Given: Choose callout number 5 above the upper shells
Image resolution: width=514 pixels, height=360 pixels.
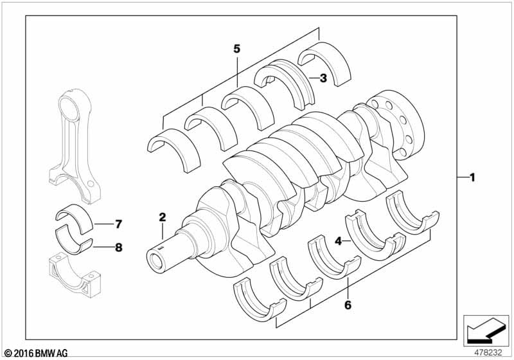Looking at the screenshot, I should point(236,48).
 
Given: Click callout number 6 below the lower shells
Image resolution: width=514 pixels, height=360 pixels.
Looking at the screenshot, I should point(348,306).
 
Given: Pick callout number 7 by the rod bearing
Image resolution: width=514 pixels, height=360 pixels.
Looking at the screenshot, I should point(118,224).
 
